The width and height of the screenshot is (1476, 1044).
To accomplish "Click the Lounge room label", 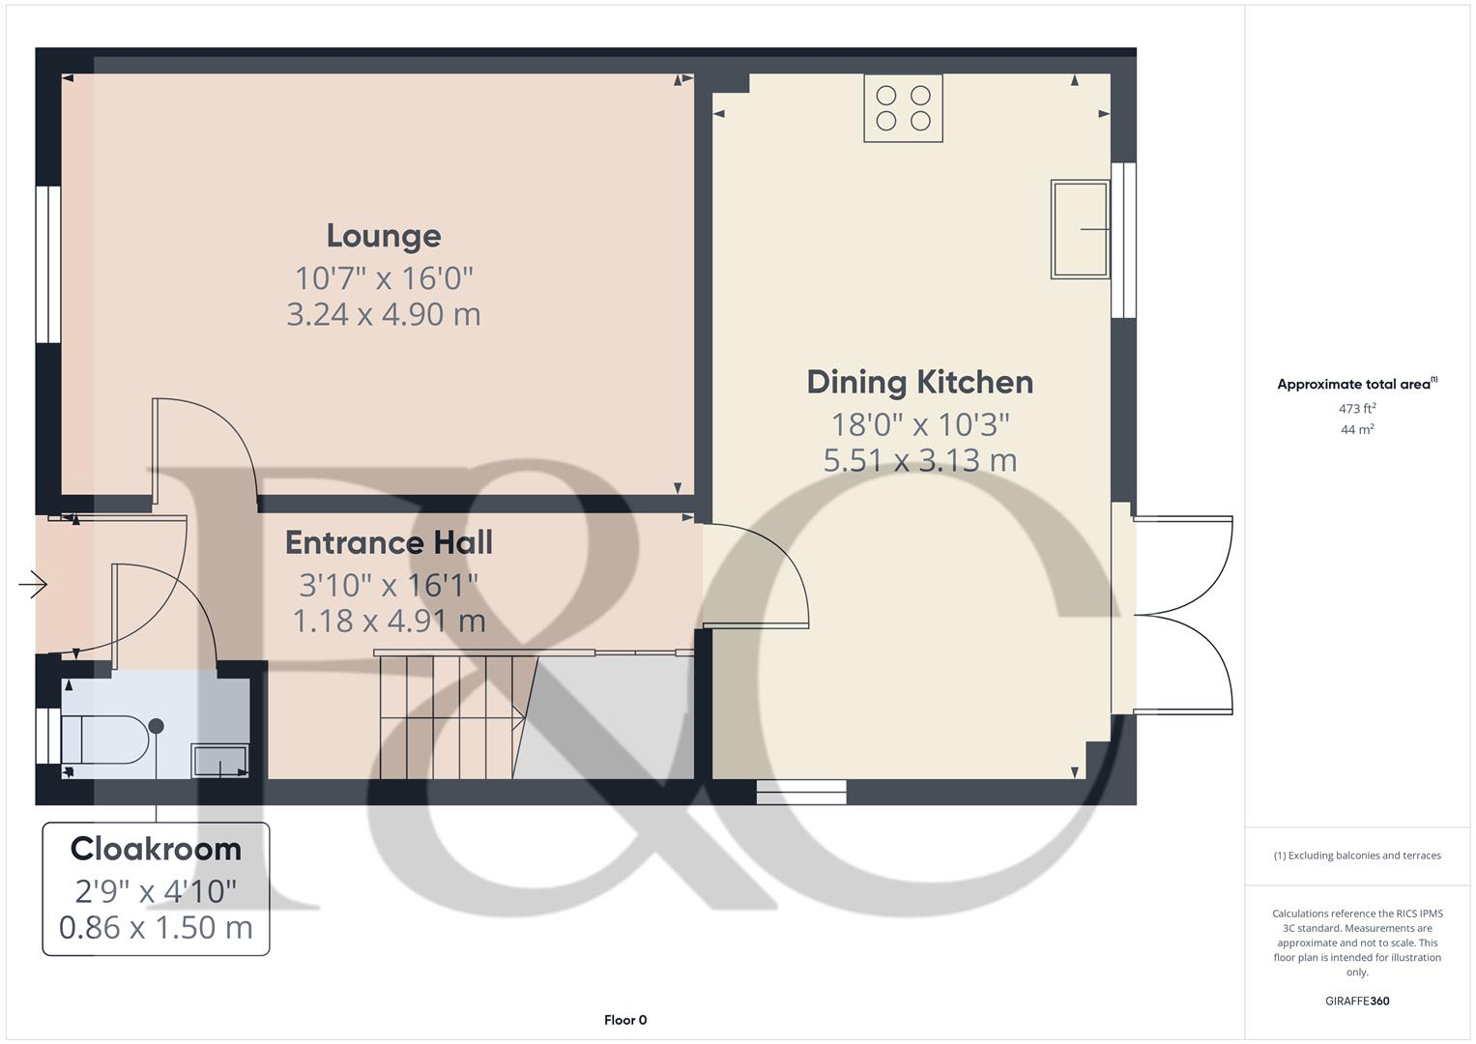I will click(x=384, y=236).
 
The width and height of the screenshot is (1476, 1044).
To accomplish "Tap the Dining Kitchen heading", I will click(x=919, y=382).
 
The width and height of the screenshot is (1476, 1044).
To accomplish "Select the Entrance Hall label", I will click(x=389, y=542).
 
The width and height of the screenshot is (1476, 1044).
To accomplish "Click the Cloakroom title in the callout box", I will click(x=156, y=849).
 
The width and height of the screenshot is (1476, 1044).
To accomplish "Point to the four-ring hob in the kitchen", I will click(x=903, y=108).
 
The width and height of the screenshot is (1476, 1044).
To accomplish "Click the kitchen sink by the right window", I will click(x=1080, y=229).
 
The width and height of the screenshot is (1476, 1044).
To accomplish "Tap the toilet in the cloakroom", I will click(x=106, y=739).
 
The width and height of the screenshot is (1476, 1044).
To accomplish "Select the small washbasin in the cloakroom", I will click(x=220, y=760).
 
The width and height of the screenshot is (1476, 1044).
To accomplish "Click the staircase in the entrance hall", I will click(x=449, y=715).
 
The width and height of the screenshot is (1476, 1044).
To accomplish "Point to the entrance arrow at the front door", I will click(x=33, y=584).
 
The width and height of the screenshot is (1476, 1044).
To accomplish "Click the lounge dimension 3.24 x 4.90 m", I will click(x=384, y=314).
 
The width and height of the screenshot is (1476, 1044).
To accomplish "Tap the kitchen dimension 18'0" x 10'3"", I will click(x=919, y=424).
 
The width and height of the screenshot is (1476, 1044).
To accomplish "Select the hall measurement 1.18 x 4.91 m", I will click(x=389, y=621).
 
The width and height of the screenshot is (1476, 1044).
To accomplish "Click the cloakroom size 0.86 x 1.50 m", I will click(x=156, y=928).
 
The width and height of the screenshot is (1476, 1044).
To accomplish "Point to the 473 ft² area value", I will click(x=1357, y=409).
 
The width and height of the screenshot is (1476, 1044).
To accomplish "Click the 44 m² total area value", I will click(x=1357, y=430).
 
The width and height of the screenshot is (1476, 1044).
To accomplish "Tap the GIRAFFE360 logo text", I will click(x=1357, y=1001).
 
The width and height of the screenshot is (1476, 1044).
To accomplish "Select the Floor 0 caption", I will click(x=625, y=1020).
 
